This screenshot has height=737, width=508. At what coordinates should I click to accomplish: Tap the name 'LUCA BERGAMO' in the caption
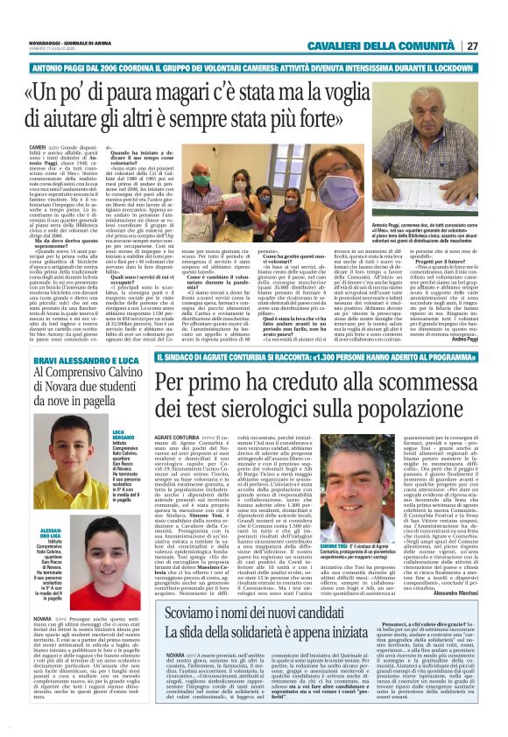click(x=123, y=436)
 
